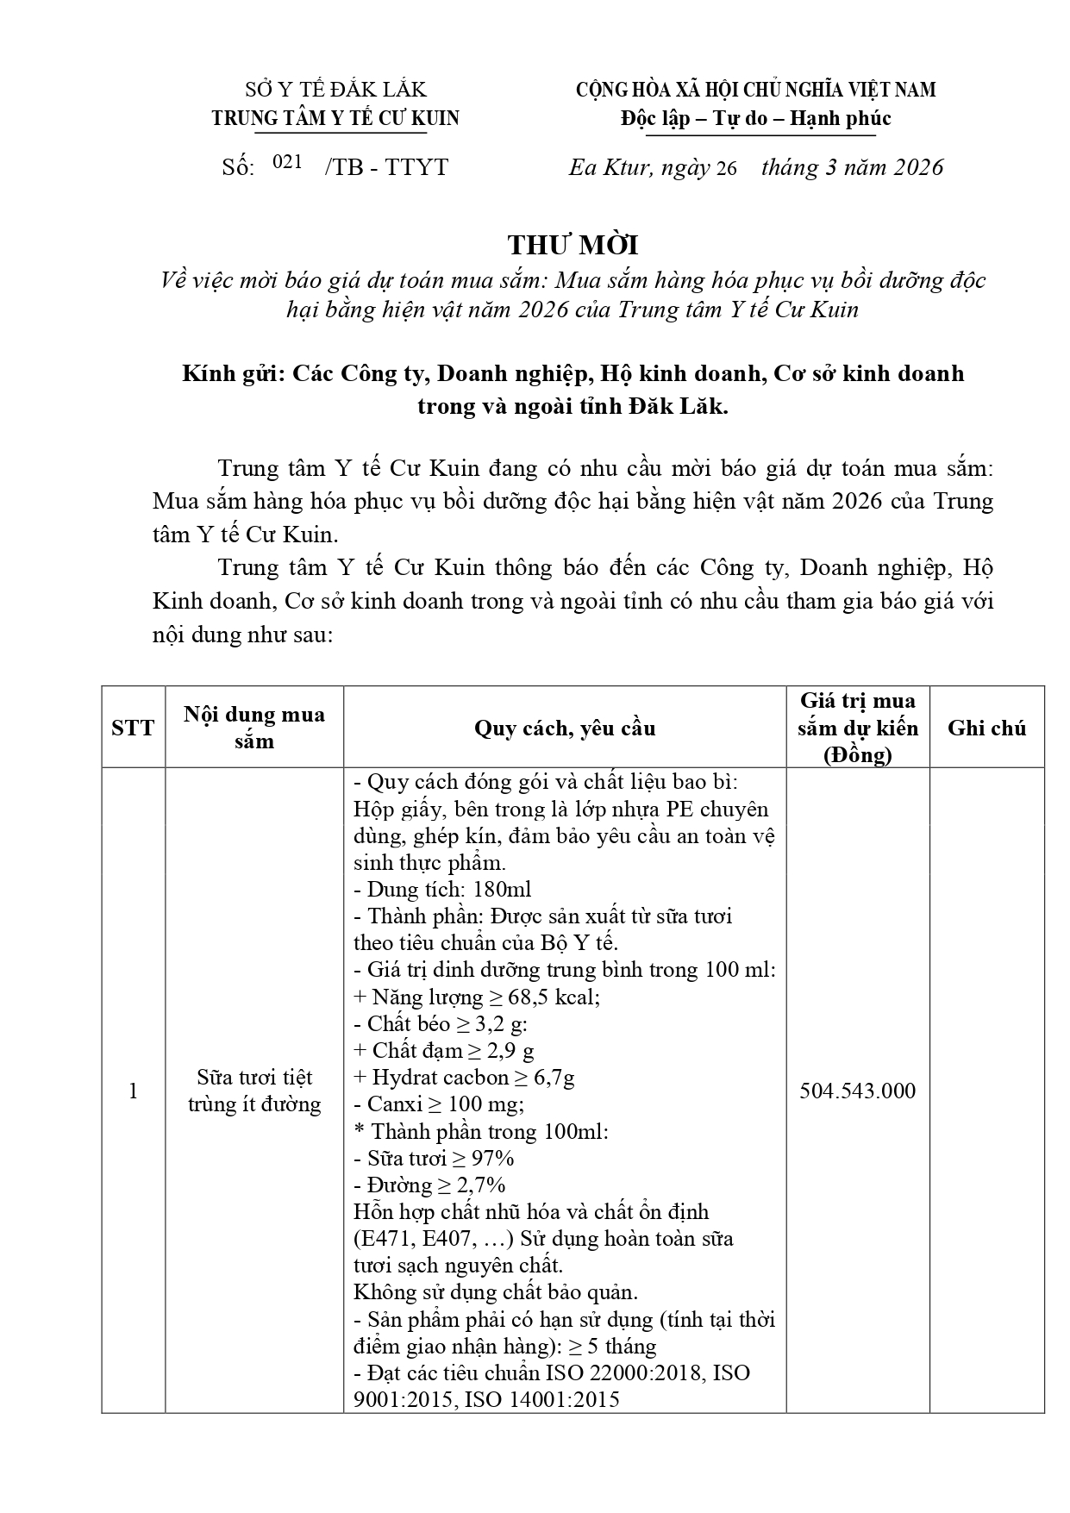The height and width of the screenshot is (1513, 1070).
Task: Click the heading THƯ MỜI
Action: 573,246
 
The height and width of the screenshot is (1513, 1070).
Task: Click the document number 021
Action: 287,162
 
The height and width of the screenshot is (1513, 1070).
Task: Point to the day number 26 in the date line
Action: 725,168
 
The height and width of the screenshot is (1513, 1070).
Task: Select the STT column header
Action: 133,728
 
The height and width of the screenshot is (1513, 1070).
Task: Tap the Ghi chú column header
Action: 986,728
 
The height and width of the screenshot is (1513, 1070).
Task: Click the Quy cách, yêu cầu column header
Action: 565,728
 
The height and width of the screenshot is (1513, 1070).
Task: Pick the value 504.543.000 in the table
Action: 857,1091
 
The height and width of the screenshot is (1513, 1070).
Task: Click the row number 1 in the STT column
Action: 133,1091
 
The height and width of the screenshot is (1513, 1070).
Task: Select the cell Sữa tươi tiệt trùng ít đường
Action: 254,1091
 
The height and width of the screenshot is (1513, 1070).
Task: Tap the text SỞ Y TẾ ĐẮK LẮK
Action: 335,90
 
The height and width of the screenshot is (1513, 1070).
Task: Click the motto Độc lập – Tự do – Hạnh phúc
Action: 755,119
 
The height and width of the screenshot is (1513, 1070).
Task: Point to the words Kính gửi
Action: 232,373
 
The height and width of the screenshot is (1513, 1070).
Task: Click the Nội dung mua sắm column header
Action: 254,728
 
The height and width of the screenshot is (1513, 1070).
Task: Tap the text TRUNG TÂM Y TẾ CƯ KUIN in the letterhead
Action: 335,119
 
